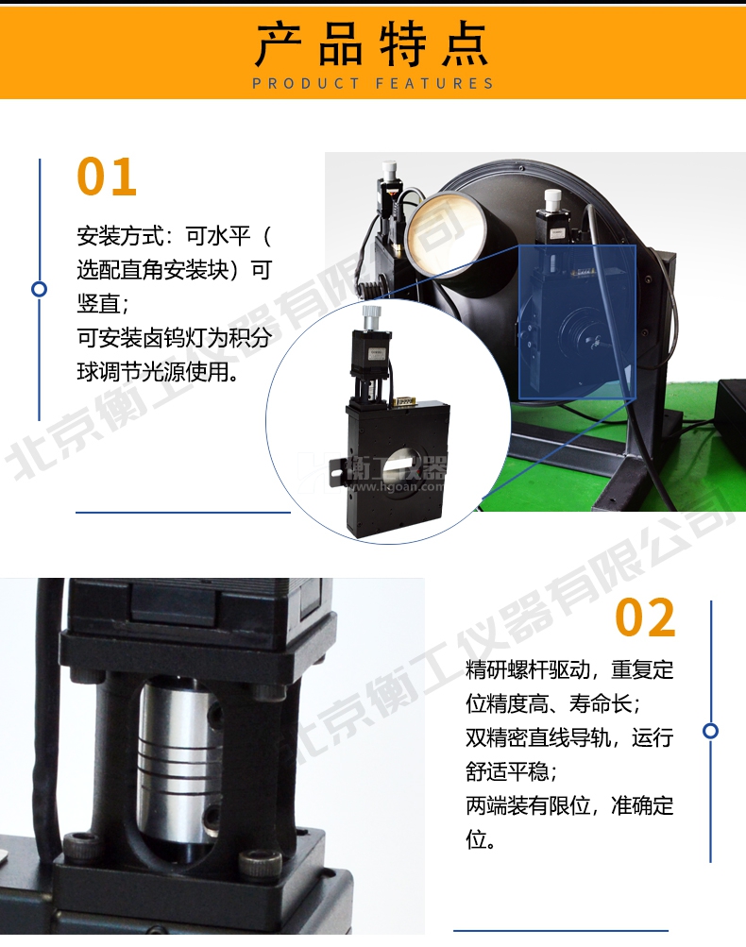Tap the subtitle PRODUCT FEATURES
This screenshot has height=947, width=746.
(373, 83)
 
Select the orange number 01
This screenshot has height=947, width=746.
(107, 177)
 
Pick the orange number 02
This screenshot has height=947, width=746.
(645, 617)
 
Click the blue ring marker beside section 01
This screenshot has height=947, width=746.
(40, 289)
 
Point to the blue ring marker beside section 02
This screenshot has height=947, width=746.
(711, 731)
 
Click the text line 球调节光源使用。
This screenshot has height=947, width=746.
(159, 371)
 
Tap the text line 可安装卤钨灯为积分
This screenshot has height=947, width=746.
(174, 338)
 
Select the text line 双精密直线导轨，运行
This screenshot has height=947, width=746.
(569, 737)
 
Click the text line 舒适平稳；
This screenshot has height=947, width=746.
(512, 771)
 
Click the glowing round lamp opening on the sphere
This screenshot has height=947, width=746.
(446, 232)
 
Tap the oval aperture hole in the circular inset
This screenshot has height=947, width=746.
(414, 465)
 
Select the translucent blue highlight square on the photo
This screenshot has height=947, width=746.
(577, 322)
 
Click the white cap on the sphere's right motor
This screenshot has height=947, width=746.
(552, 198)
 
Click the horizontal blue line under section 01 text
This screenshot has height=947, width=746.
(183, 512)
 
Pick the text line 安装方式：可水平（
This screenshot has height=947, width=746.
(174, 235)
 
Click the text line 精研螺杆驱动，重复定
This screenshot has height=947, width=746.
(569, 669)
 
